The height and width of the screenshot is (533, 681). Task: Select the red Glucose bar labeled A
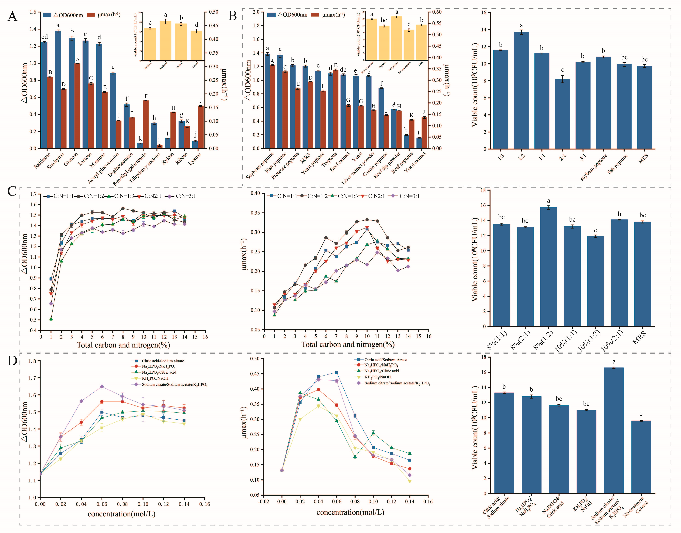pos(77,106)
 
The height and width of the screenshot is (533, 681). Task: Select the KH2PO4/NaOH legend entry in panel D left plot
pos(155,378)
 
